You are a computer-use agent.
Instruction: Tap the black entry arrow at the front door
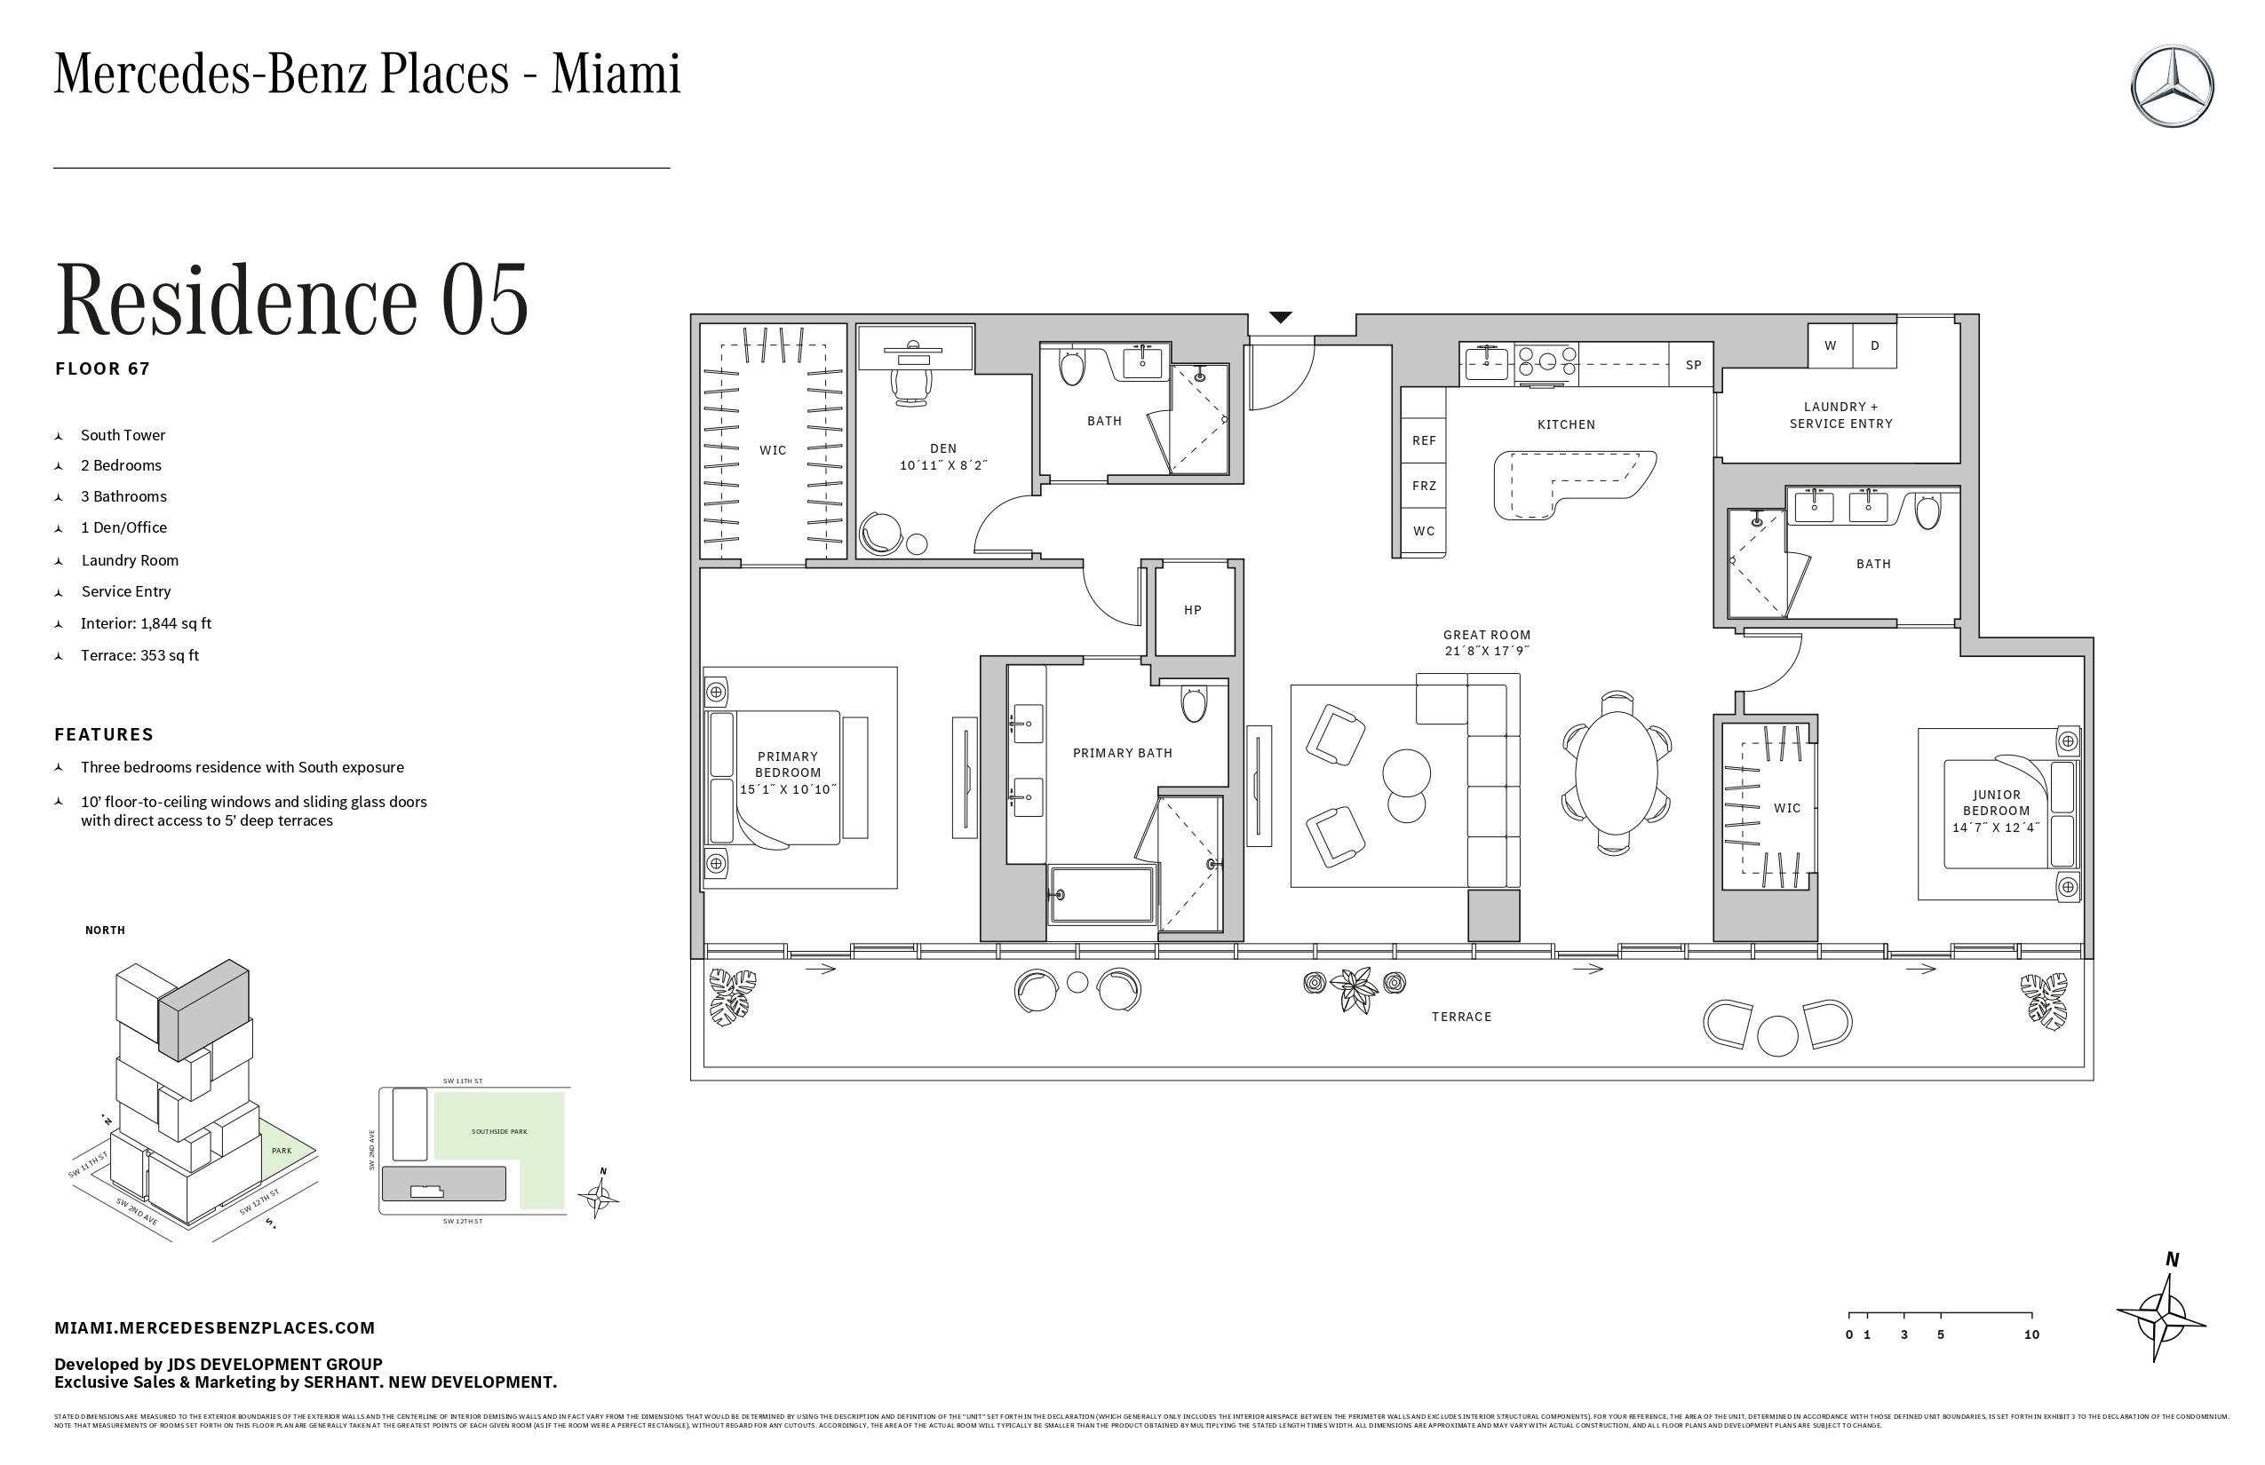[x=1281, y=318]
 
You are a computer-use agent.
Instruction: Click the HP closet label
[x=1192, y=611]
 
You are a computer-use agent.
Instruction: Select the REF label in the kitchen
[x=1424, y=440]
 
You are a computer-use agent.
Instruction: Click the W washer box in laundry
[x=1830, y=346]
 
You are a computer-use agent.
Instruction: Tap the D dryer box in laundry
[x=1875, y=346]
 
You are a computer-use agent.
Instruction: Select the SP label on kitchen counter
[x=1693, y=365]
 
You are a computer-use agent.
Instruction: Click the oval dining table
[x=1615, y=772]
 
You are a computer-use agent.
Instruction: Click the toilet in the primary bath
[x=1194, y=704]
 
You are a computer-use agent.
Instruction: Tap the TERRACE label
[x=1462, y=1017]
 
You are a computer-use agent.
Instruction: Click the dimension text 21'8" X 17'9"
[x=1487, y=652]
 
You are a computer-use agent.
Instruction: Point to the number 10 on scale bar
[x=2031, y=1334]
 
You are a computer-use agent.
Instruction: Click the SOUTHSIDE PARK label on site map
[x=498, y=1132]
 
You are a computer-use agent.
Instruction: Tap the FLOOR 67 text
[x=103, y=369]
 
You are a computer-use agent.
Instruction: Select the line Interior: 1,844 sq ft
[x=146, y=624]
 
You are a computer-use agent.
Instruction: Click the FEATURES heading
[x=104, y=734]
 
